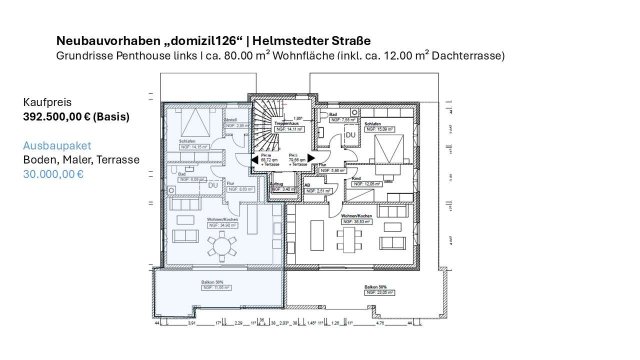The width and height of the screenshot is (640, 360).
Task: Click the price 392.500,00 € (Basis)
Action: (x=76, y=117)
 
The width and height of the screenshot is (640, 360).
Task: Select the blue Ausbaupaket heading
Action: (x=57, y=145)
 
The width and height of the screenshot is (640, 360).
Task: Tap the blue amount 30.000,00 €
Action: (x=53, y=174)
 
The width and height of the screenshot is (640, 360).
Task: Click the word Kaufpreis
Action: (x=47, y=102)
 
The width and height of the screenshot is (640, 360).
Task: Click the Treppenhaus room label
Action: (x=286, y=123)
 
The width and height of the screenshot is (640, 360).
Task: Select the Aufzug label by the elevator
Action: (x=276, y=184)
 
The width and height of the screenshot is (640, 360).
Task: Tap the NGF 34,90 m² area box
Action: (x=222, y=225)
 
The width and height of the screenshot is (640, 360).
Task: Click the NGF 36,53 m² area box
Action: (x=356, y=221)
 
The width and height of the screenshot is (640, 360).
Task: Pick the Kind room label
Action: (x=356, y=178)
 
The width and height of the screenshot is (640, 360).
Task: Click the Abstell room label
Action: (x=230, y=120)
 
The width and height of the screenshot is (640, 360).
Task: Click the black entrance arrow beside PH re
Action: (x=254, y=160)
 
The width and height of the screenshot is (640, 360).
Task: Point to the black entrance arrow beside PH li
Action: (x=311, y=158)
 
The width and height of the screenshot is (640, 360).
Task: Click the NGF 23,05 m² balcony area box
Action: (x=379, y=293)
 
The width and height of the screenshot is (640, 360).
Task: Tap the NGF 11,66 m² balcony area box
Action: (x=215, y=288)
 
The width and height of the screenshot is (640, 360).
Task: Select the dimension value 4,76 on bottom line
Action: (x=380, y=323)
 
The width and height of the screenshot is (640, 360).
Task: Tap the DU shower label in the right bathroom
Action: (x=350, y=135)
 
